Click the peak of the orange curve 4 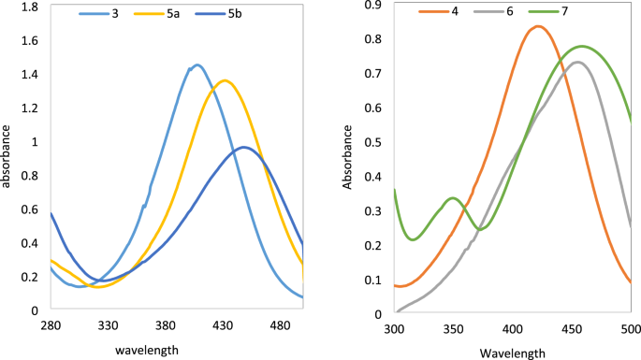pyautogui.click(x=538, y=26)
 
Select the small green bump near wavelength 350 pyautogui.click(x=453, y=198)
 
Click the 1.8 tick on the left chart pyautogui.click(x=29, y=7)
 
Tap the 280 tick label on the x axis pyautogui.click(x=51, y=325)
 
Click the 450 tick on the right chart pyautogui.click(x=571, y=331)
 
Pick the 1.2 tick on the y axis pyautogui.click(x=29, y=108)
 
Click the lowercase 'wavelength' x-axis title pyautogui.click(x=147, y=350)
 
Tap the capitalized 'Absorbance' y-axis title pyautogui.click(x=349, y=159)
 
